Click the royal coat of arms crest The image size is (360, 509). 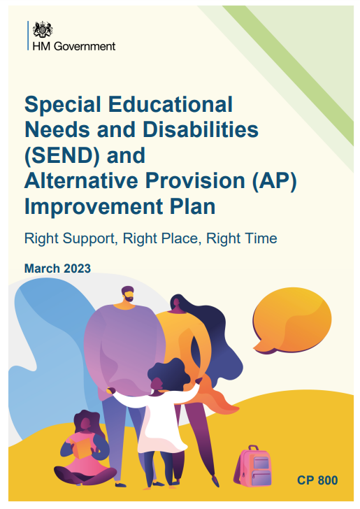tap(43, 29)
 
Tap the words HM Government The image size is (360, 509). tap(74, 46)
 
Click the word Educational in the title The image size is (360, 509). tap(171, 104)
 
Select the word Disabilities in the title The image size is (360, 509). tap(201, 129)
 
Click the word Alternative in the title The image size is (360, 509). tap(81, 180)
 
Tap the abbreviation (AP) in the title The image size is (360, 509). tap(275, 181)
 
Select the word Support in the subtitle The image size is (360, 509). tap(89, 239)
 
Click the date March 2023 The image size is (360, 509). tap(57, 268)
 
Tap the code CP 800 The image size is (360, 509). tap(317, 480)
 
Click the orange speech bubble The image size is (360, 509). tap(291, 321)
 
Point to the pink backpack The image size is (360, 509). tap(253, 466)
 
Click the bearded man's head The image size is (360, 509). tap(128, 294)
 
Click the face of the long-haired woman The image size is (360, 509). tap(176, 303)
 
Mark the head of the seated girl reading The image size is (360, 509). tap(86, 422)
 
